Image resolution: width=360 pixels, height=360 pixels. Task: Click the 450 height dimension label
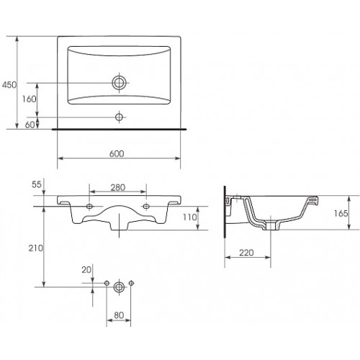(9, 85)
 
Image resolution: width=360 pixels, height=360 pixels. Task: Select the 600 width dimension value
(117, 153)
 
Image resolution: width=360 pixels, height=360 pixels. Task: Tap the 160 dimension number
(30, 99)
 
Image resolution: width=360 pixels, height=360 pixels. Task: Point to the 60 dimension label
(30, 125)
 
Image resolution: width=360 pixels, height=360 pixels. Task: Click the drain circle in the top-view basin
(119, 83)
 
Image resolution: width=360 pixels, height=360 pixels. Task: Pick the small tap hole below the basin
(119, 117)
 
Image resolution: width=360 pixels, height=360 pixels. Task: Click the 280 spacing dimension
(118, 187)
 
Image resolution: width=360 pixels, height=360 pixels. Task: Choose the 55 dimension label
(37, 184)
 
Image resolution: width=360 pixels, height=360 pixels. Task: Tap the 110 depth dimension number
(190, 217)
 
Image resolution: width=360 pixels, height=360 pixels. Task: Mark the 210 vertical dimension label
(36, 248)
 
